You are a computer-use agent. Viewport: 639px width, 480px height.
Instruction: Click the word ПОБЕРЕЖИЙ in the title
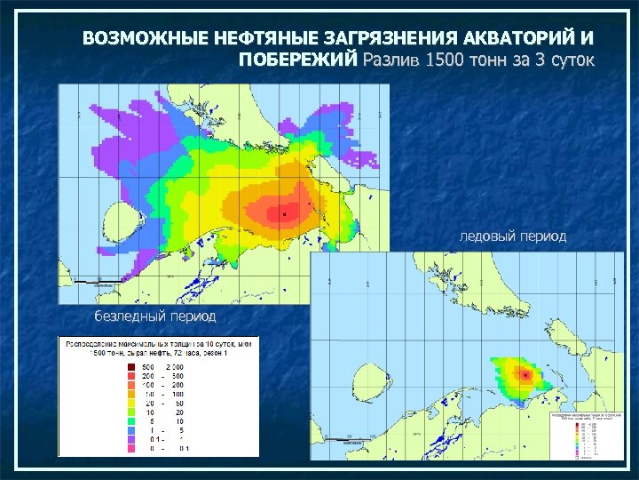click(298, 60)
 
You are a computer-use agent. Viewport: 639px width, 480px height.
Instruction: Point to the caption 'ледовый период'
click(512, 236)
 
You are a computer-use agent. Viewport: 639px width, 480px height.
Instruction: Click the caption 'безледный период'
click(154, 316)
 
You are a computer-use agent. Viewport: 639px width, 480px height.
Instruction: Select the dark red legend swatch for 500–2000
click(130, 366)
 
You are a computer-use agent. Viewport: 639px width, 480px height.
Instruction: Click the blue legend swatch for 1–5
click(130, 431)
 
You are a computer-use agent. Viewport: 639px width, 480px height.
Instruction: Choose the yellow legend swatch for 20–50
click(130, 403)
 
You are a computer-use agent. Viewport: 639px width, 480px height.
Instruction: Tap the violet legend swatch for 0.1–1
click(130, 440)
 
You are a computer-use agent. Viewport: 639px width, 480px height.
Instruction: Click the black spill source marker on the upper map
click(283, 214)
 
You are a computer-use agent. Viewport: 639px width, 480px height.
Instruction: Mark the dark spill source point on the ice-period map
click(527, 375)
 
